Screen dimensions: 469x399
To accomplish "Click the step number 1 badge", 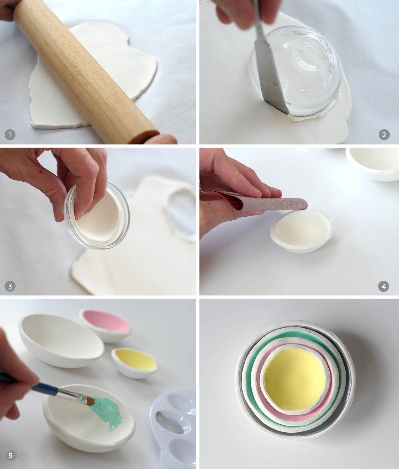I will coord(10,135).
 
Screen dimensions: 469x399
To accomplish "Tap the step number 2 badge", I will coord(384,135).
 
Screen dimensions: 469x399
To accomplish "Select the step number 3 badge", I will coord(10,287).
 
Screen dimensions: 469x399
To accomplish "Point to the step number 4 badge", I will coord(384,286).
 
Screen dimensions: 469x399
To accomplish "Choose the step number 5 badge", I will coord(10,456).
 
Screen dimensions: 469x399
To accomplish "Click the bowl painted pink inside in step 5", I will coord(106,325).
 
